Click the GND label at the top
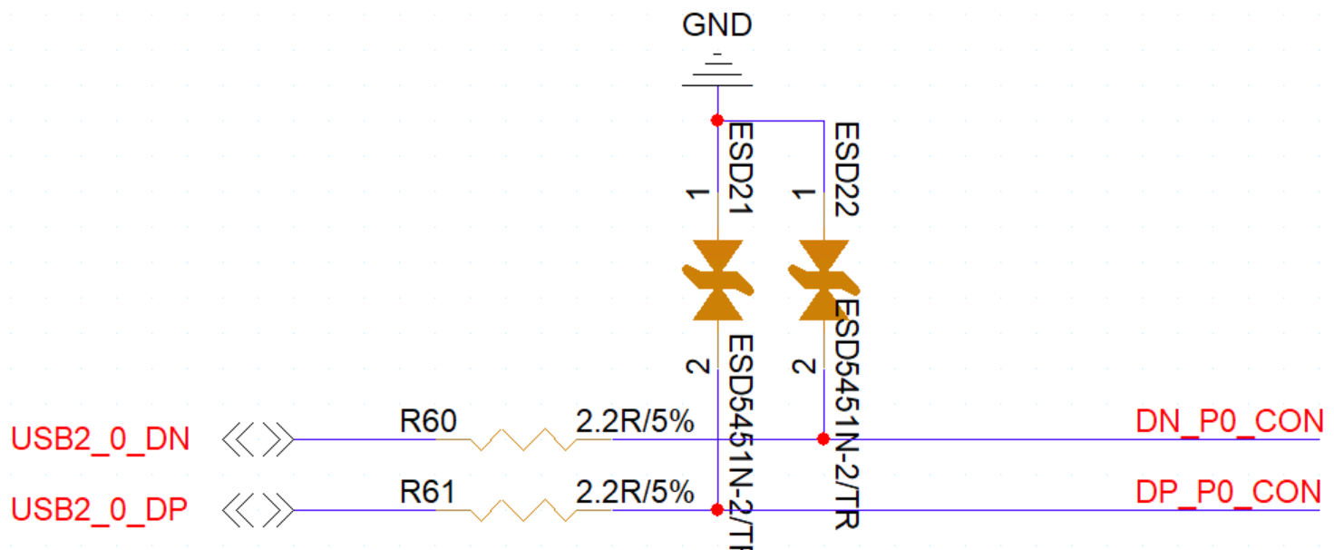(716, 25)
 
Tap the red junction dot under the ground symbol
(716, 120)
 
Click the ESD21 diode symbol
(717, 280)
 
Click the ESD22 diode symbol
(823, 280)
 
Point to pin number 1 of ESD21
(697, 194)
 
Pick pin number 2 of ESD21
(697, 367)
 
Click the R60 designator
(428, 421)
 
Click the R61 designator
(428, 492)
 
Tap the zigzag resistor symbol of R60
(522, 440)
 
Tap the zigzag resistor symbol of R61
(522, 511)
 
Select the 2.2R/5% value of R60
(635, 421)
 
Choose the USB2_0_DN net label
(101, 440)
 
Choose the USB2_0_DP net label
(100, 510)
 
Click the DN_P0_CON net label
(1228, 422)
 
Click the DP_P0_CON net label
(1228, 492)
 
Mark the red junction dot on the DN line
(823, 439)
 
